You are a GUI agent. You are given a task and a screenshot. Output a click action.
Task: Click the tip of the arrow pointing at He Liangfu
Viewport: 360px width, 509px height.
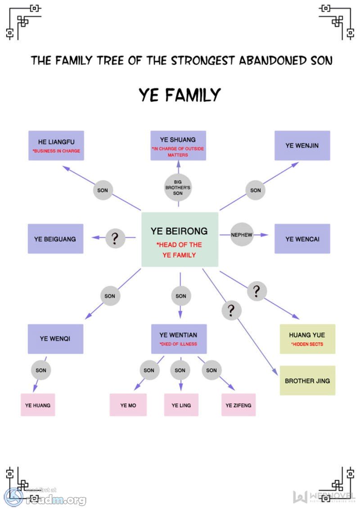point(63,167)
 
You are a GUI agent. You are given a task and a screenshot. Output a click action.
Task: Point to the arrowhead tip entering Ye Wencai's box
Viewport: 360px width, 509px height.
point(269,235)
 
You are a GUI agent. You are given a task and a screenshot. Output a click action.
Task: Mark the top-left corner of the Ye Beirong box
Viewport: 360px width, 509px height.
point(142,212)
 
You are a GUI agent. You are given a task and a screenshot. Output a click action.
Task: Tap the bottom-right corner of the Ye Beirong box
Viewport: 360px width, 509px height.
point(218,267)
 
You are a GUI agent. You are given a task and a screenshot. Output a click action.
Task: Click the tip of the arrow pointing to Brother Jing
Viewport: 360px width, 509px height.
point(278,375)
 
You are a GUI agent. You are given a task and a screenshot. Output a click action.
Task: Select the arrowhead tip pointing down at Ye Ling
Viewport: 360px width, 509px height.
point(181,391)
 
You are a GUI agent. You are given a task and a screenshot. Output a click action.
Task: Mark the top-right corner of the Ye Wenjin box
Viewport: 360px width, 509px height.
point(330,131)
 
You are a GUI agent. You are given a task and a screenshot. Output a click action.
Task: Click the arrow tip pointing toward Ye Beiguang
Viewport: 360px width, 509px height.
point(92,238)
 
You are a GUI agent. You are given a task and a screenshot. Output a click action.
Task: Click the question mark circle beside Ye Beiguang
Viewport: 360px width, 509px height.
point(115,238)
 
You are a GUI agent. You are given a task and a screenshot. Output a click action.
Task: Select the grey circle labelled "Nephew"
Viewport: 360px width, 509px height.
point(242,234)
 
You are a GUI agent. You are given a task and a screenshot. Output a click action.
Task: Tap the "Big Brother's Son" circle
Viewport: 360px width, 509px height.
point(178,187)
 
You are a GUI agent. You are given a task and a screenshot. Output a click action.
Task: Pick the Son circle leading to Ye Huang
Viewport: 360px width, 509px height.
point(41,370)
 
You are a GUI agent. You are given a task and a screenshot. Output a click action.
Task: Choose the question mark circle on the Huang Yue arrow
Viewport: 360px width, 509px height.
point(257,291)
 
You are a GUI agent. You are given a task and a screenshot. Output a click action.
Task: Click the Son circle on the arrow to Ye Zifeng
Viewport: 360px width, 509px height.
point(211,370)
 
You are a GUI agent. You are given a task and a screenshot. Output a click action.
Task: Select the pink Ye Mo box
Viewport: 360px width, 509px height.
point(128,405)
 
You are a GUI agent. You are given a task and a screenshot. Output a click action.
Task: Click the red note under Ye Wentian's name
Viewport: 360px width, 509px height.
point(179,344)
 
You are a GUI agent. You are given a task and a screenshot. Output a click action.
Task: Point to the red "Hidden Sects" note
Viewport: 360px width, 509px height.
point(307,344)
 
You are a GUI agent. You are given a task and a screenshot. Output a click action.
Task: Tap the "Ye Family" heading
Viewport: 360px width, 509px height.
point(180,95)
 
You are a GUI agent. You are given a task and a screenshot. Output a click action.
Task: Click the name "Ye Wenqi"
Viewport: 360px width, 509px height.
point(55,338)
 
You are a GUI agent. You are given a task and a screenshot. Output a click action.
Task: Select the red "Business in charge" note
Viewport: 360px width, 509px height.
point(56,151)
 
